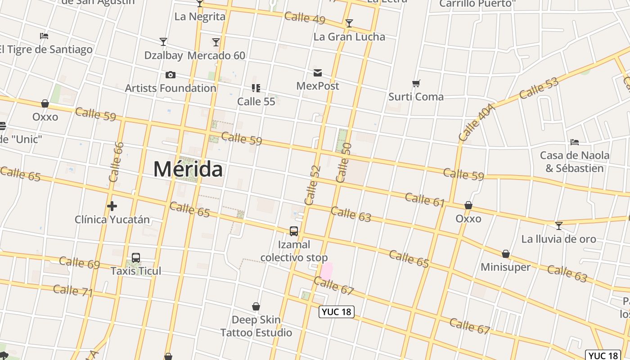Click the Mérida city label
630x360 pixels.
188,170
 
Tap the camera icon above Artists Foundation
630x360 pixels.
171,75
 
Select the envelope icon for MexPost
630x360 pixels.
318,73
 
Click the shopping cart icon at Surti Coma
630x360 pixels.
416,83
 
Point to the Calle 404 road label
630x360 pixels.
477,122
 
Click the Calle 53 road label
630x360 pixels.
538,88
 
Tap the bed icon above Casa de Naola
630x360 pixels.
575,142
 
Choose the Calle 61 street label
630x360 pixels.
424,199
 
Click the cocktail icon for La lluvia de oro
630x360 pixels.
558,225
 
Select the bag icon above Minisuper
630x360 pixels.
506,254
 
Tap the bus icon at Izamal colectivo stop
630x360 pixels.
294,231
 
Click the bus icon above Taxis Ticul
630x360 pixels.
136,258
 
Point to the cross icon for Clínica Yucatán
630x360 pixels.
112,206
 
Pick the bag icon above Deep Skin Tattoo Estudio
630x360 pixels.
256,307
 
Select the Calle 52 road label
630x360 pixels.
312,185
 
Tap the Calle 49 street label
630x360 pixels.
305,18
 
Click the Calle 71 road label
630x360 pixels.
72,291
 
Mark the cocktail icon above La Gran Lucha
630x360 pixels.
349,23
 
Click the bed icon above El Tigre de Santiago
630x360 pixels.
44,36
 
